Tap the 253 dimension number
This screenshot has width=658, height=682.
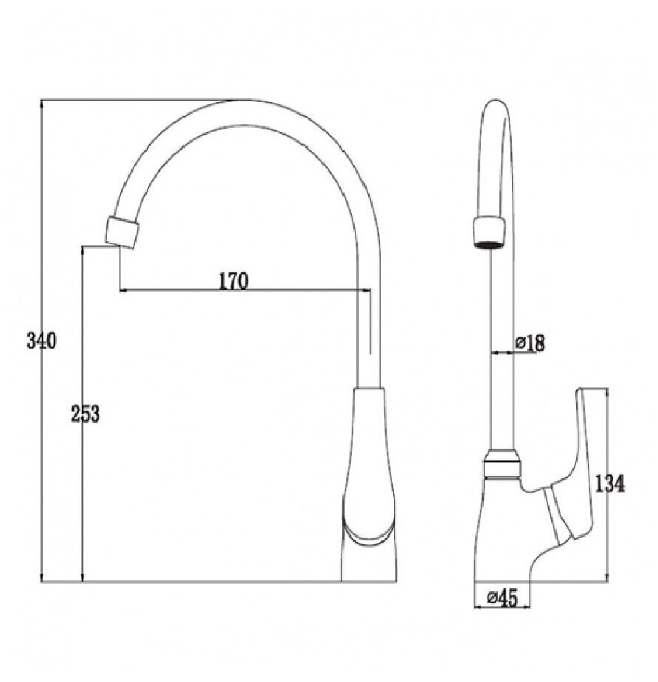click(85, 413)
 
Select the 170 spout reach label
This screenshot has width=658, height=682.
click(233, 281)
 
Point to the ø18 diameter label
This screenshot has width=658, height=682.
click(530, 343)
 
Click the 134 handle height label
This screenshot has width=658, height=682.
click(609, 483)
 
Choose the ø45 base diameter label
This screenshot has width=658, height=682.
click(502, 598)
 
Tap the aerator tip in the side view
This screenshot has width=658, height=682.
click(489, 232)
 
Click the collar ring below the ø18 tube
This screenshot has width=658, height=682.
click(502, 464)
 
